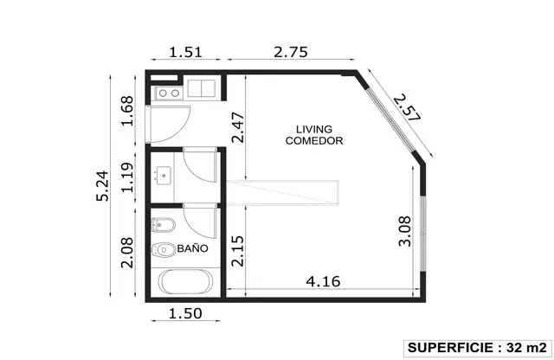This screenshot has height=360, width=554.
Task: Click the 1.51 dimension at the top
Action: pos(185,52)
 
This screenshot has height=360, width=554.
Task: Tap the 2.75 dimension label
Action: pos(291,52)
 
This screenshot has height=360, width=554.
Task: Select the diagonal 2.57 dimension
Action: pos(408,107)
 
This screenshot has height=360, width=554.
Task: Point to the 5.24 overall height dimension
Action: pos(102,186)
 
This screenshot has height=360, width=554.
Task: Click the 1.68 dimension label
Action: pos(127,111)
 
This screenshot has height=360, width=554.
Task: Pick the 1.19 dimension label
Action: pos(127,177)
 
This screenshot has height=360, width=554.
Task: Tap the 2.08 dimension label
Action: pos(127,253)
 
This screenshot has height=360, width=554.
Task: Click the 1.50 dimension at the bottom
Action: pos(185,313)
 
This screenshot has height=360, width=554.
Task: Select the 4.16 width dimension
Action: pos(323,281)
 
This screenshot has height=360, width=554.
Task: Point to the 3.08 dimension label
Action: pos(405,231)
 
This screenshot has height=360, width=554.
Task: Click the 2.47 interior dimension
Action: pos(238,127)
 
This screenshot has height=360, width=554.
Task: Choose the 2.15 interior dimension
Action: pos(238,251)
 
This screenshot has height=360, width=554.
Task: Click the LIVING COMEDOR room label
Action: pos(314,135)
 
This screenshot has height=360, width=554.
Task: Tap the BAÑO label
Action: pos(192,248)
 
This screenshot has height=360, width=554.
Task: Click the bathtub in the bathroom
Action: pos(185,282)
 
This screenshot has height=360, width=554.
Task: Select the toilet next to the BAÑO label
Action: pos(164,250)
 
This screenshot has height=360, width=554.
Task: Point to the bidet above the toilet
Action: pos(164,225)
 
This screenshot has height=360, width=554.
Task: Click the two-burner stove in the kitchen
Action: pos(169,93)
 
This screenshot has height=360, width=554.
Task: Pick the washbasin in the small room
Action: pos(164,175)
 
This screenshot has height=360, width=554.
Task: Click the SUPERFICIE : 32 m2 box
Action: pos(478,349)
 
